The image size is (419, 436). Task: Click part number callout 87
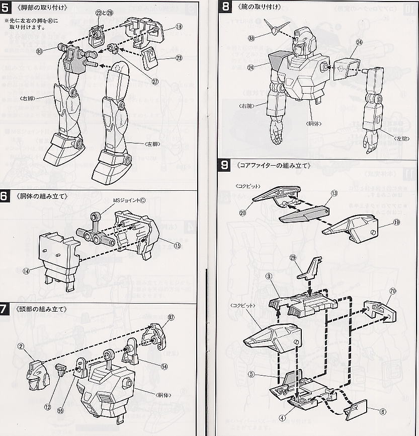click(171, 317)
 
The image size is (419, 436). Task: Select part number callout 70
click(392, 291)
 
